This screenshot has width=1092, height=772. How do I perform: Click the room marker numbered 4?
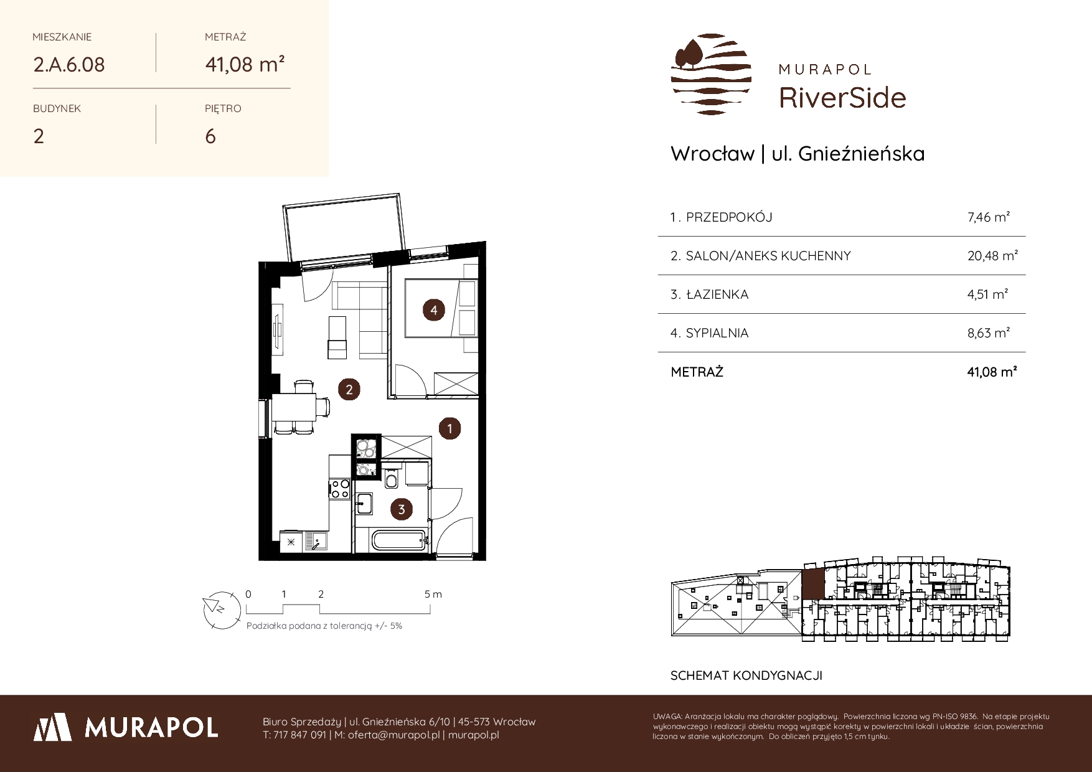[x=434, y=310]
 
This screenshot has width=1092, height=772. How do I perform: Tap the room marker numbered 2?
[x=349, y=390]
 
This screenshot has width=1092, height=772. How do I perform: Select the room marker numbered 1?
[x=449, y=428]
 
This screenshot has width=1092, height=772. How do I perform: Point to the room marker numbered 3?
[x=402, y=510]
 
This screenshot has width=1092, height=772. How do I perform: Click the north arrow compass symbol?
[x=222, y=608]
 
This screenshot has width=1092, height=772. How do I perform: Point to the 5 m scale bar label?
[x=433, y=594]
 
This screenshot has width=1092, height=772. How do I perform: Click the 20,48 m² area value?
[x=992, y=256]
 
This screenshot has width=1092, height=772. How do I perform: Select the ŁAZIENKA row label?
[x=717, y=294]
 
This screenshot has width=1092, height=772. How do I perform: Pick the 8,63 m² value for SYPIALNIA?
[x=989, y=333]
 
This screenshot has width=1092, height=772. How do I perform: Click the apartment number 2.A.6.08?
[x=69, y=64]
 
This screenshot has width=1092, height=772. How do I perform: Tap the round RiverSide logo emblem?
[x=711, y=75]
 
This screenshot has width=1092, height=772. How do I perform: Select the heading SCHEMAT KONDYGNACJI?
[x=746, y=675]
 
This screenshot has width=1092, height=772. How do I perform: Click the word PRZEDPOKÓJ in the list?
[x=729, y=217]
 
